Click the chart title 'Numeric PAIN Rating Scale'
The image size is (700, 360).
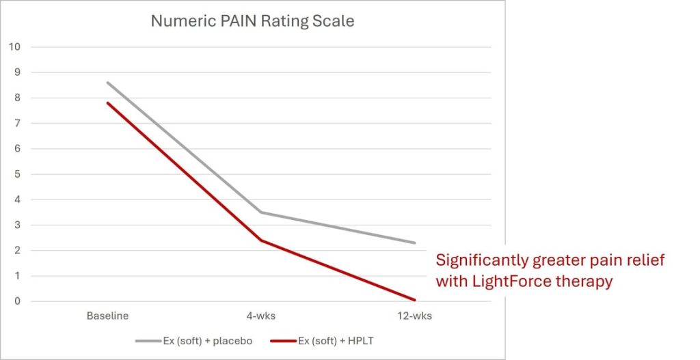point(252,21)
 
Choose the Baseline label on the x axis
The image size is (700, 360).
point(107,316)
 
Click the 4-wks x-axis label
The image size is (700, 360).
point(260,316)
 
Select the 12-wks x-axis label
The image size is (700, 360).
point(414,316)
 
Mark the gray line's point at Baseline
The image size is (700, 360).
point(107,83)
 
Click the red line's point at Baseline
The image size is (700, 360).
point(107,102)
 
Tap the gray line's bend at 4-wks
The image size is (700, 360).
point(260,212)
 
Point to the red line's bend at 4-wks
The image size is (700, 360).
point(260,240)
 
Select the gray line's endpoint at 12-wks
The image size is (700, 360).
point(414,243)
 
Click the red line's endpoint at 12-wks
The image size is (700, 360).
point(414,300)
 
